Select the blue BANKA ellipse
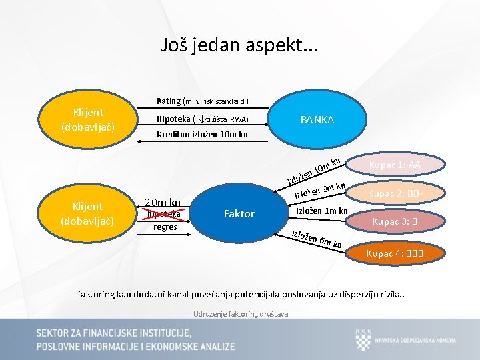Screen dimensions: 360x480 [317, 120]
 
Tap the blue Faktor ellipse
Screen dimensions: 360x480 [239, 213]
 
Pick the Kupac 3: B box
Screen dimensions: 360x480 [395, 221]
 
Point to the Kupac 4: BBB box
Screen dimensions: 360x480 [395, 253]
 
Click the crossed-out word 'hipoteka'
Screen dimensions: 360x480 [165, 214]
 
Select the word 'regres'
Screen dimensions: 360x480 [165, 227]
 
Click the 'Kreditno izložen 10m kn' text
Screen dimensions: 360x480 [202, 135]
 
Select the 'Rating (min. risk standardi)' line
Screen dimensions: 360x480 [203, 101]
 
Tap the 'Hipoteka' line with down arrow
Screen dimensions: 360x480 [202, 119]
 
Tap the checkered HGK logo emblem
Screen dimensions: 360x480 [363, 340]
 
